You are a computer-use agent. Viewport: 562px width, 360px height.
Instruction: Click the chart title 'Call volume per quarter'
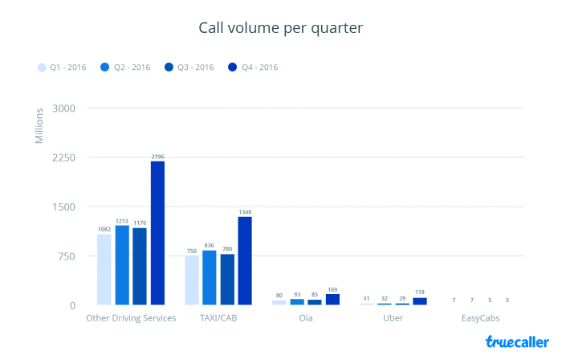click(280, 28)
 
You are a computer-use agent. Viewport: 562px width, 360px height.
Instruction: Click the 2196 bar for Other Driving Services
click(157, 233)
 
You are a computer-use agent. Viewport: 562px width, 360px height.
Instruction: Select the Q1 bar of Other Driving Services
click(104, 269)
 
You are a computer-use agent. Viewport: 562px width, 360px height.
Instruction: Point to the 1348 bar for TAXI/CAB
click(245, 260)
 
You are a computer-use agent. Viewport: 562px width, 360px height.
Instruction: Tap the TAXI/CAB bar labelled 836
click(210, 277)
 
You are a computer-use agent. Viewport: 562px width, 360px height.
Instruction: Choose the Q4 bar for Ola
click(332, 300)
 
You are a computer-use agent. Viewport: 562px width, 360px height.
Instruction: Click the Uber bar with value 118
click(420, 301)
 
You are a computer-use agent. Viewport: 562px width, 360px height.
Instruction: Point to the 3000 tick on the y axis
click(64, 108)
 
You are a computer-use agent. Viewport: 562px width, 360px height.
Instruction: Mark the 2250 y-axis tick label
click(64, 157)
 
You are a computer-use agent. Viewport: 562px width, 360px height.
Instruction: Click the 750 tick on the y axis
click(67, 256)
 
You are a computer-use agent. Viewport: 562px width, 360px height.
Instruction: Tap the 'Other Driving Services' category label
click(131, 318)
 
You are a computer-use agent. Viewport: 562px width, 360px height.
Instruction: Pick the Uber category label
click(393, 318)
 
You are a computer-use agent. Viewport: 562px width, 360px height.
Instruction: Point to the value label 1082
click(104, 230)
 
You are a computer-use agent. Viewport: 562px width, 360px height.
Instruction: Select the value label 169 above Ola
click(332, 290)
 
